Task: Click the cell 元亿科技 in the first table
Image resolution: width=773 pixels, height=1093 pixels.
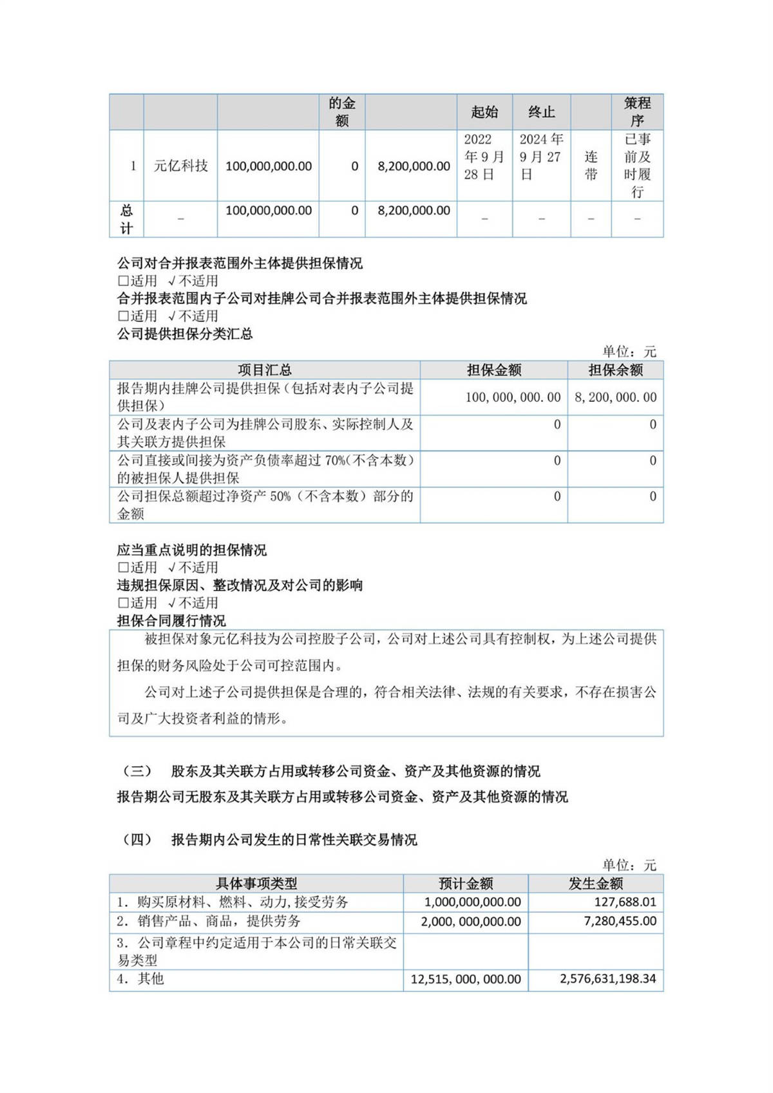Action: click(180, 166)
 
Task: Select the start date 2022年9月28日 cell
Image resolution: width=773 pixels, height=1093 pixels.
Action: click(484, 157)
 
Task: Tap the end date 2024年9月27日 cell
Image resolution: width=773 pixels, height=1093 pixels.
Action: click(541, 157)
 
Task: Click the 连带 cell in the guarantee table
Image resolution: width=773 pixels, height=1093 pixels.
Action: click(591, 166)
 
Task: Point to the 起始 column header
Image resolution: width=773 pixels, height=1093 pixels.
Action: click(484, 112)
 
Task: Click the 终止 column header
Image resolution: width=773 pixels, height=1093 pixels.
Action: click(541, 112)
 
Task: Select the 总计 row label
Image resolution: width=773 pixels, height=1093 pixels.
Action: click(126, 219)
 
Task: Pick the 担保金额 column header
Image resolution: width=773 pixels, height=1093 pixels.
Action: click(494, 370)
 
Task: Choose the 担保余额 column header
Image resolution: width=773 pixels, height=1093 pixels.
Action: click(615, 370)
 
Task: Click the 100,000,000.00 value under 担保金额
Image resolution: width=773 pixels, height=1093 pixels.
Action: click(513, 397)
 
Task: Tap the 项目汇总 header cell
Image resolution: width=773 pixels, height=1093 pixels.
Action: click(265, 370)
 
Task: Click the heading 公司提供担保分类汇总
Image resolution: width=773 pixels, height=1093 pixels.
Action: click(185, 334)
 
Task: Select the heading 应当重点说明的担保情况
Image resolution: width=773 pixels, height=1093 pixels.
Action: click(191, 550)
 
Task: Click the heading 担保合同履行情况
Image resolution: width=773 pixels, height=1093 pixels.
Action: click(171, 621)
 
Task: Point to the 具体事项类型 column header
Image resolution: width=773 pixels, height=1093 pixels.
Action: click(256, 884)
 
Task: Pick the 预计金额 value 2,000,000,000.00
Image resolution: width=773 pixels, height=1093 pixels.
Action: click(471, 922)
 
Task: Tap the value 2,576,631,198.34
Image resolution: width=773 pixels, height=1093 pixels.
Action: click(607, 979)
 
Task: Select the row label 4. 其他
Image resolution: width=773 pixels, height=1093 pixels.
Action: click(140, 979)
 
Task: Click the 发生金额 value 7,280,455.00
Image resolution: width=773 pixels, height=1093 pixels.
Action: click(620, 922)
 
